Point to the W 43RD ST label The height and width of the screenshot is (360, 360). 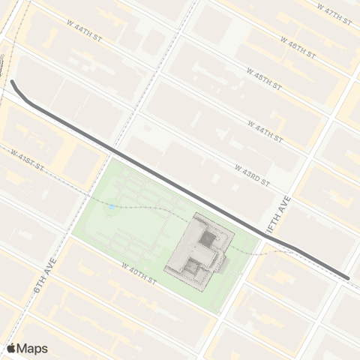pos(251,175)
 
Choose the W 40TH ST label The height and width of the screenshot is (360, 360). pos(138,271)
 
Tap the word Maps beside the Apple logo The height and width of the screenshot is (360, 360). pos(33,348)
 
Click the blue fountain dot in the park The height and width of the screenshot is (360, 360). pos(111,207)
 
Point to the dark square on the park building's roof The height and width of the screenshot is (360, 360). pos(205,240)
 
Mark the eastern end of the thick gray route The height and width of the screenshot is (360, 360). pos(347,278)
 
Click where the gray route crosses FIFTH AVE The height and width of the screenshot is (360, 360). pos(267,238)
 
